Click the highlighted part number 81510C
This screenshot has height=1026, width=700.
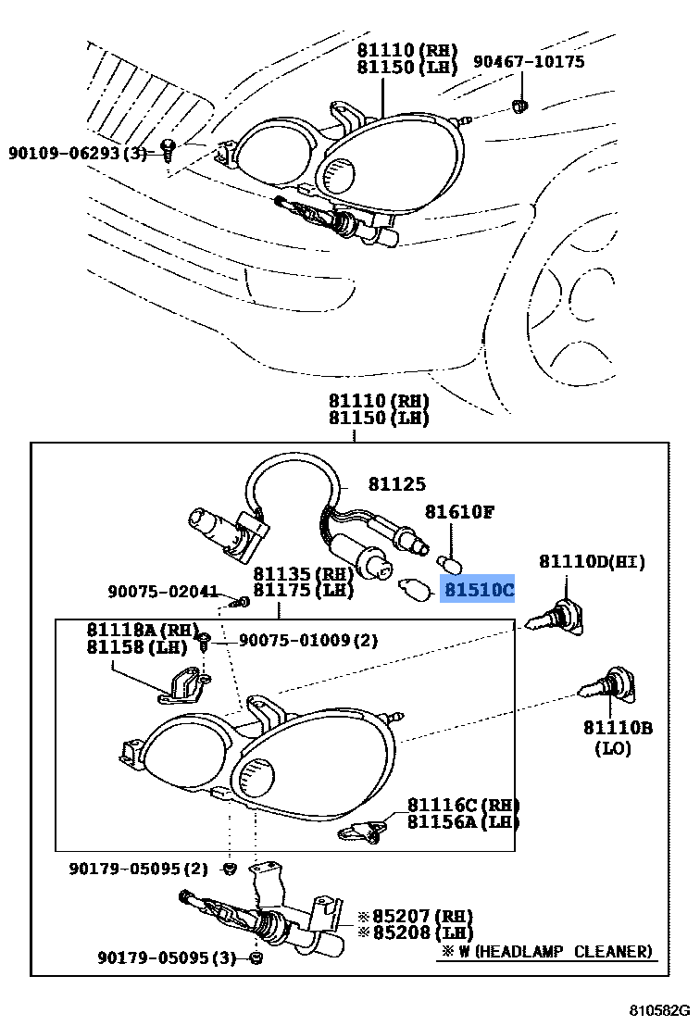[x=478, y=589]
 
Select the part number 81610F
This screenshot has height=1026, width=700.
[x=459, y=511]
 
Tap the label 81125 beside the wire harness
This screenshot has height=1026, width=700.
[x=396, y=483]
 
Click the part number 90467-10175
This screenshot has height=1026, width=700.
[x=529, y=62]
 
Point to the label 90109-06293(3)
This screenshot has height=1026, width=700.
[x=78, y=153]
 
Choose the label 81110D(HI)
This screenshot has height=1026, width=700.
[x=592, y=562]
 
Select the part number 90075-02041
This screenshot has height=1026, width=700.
[x=162, y=592]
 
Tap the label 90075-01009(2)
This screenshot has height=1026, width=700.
[x=307, y=640]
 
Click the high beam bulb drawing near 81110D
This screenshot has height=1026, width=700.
[x=556, y=618]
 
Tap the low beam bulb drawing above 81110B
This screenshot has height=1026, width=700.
[x=606, y=684]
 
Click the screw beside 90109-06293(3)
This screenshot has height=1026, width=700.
[x=168, y=148]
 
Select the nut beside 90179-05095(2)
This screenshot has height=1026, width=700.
[x=229, y=869]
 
